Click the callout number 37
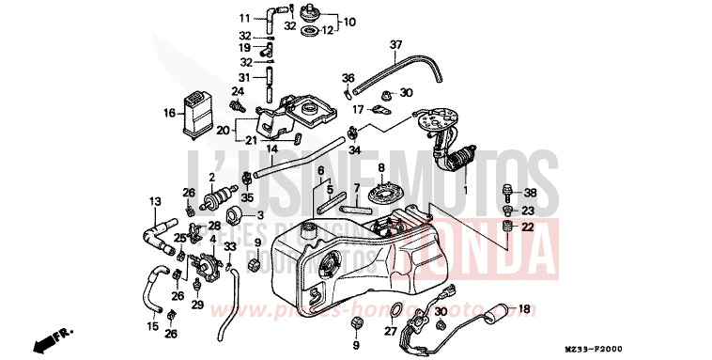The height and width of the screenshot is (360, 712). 395,44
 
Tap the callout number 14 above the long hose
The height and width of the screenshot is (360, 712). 270,149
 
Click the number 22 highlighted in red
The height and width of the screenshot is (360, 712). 527,227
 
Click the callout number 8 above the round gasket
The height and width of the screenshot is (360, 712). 381,168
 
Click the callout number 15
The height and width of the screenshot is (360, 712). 152,326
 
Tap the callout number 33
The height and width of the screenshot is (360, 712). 231,246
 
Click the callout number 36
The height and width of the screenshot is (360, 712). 348,77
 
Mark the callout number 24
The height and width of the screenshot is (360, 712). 238,91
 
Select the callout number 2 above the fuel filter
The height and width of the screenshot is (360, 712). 213,177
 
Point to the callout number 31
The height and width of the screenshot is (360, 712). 243,77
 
